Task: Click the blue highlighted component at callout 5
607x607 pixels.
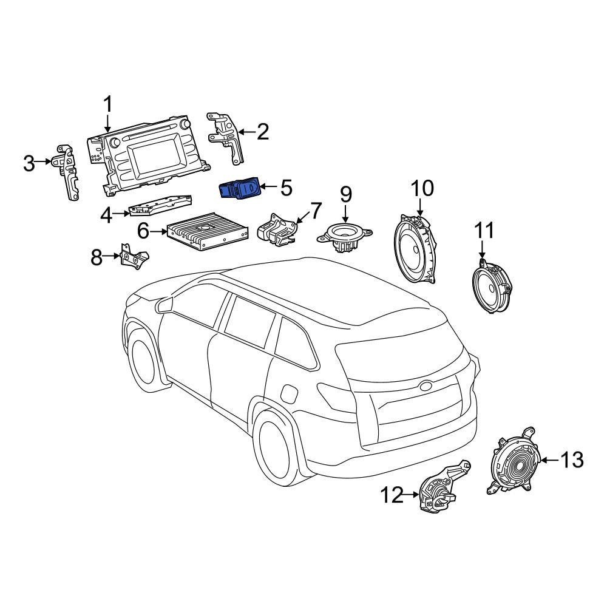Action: pyautogui.click(x=239, y=189)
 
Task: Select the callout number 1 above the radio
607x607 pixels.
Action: pyautogui.click(x=107, y=104)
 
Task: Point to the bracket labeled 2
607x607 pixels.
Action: pyautogui.click(x=225, y=138)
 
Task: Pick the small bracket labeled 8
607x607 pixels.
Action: pyautogui.click(x=134, y=256)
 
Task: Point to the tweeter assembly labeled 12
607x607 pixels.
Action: pyautogui.click(x=443, y=489)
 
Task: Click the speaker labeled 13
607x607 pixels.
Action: pyautogui.click(x=514, y=461)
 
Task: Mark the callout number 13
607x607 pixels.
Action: pyautogui.click(x=572, y=460)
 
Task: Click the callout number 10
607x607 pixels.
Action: pyautogui.click(x=422, y=189)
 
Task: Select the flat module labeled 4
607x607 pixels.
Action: pyautogui.click(x=160, y=205)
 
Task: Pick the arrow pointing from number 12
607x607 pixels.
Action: pyautogui.click(x=412, y=494)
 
